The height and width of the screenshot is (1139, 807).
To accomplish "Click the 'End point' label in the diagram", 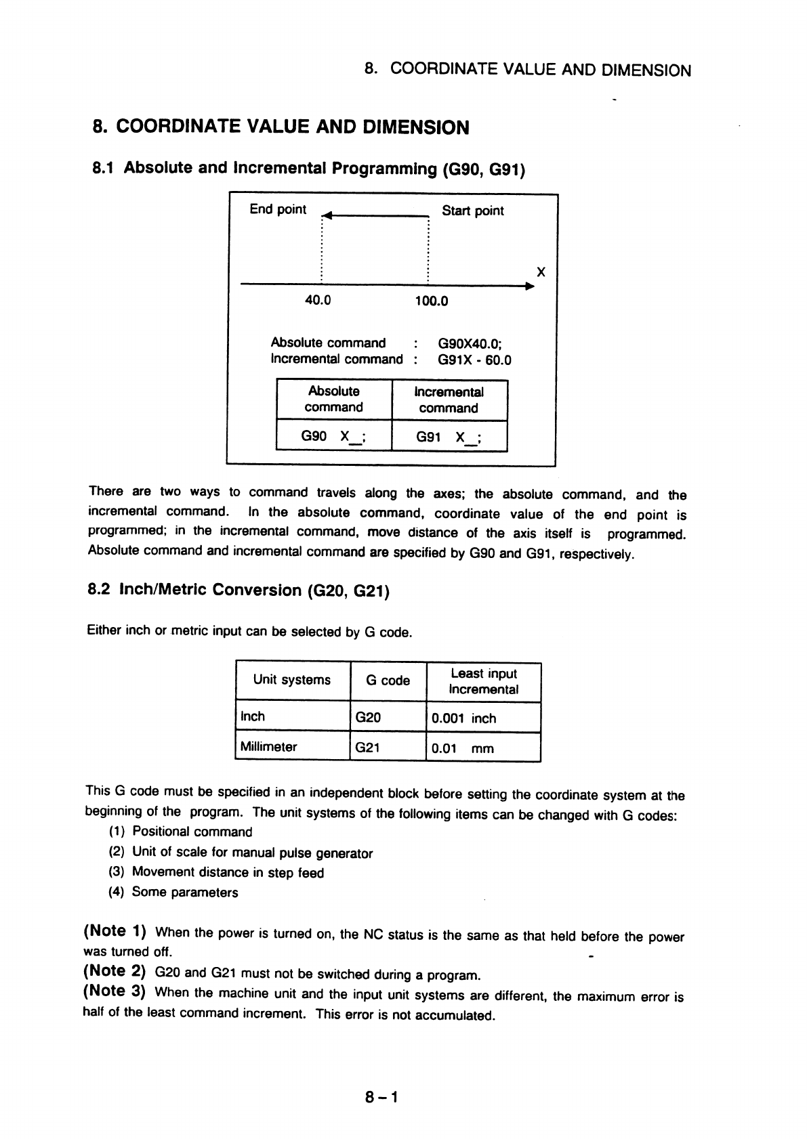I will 278,209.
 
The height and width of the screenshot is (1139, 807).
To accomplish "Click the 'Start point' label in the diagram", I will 472,211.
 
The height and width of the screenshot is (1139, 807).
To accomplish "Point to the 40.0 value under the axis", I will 317,300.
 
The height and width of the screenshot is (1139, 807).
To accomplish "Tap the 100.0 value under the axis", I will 431,301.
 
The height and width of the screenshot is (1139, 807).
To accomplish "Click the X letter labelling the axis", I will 541,272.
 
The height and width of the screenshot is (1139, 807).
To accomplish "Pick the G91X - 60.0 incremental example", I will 474,360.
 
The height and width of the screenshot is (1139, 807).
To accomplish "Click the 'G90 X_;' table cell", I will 334,436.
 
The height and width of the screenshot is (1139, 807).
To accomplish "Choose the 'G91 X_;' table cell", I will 449,437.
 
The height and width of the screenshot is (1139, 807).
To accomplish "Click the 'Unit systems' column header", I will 292,680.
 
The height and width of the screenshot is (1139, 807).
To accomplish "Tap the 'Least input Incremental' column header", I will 483,681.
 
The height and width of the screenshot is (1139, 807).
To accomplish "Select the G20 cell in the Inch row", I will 368,717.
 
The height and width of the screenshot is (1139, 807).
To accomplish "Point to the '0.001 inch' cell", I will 463,718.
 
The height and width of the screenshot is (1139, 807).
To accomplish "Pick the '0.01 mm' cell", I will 463,749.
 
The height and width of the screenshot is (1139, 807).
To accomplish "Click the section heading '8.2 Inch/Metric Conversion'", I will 239,590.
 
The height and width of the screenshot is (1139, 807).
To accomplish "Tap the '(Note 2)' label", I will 115,971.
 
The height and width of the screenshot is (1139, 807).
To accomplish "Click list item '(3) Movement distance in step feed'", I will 216,873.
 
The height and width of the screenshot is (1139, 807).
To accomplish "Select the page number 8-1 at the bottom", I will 381,1096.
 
